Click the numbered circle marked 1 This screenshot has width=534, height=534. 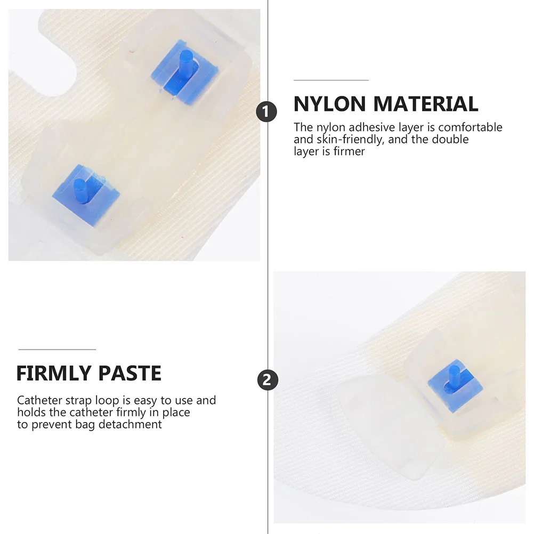pos(267,113)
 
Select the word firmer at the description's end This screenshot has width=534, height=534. pos(350,151)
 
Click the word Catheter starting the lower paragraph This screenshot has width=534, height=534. pos(37,400)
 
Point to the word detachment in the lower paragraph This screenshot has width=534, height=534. pos(135,424)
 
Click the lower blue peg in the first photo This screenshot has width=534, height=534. pos(80,190)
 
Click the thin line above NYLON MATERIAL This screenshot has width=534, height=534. pos(331,80)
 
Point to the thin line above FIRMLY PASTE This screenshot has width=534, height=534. pos(57,350)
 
